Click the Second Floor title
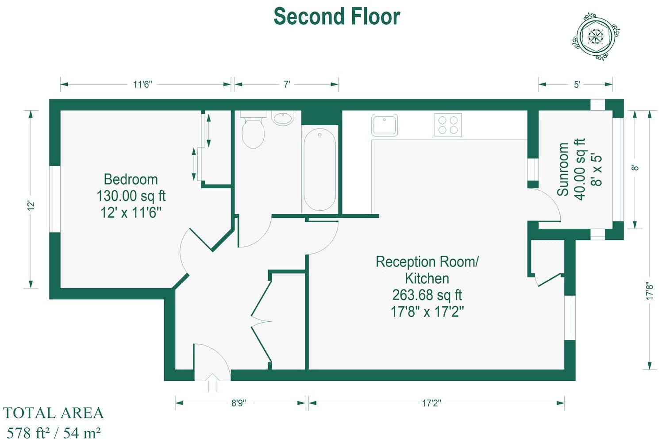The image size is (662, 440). [x=337, y=17]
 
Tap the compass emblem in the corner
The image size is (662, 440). [x=595, y=35]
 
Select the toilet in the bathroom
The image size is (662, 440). [x=253, y=130]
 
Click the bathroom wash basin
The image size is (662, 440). [x=282, y=118]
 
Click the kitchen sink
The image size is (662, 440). [x=385, y=125]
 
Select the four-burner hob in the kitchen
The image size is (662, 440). [x=448, y=125]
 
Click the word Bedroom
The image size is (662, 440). [x=131, y=179]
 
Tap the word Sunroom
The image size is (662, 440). [x=562, y=169]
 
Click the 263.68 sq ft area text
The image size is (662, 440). [x=427, y=295]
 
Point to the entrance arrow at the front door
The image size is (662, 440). [x=212, y=382]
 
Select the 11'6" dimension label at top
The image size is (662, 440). [x=142, y=84]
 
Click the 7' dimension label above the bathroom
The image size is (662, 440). [x=287, y=84]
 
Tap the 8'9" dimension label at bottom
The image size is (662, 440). [x=239, y=403]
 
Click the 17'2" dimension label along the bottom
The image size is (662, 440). [x=431, y=403]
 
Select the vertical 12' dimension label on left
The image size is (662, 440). [x=31, y=206]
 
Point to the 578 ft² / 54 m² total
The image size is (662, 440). [x=54, y=432]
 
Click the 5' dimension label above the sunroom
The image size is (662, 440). [x=577, y=84]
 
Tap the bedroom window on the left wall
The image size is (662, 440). [x=55, y=199]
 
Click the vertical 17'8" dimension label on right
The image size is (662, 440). [x=649, y=291]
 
